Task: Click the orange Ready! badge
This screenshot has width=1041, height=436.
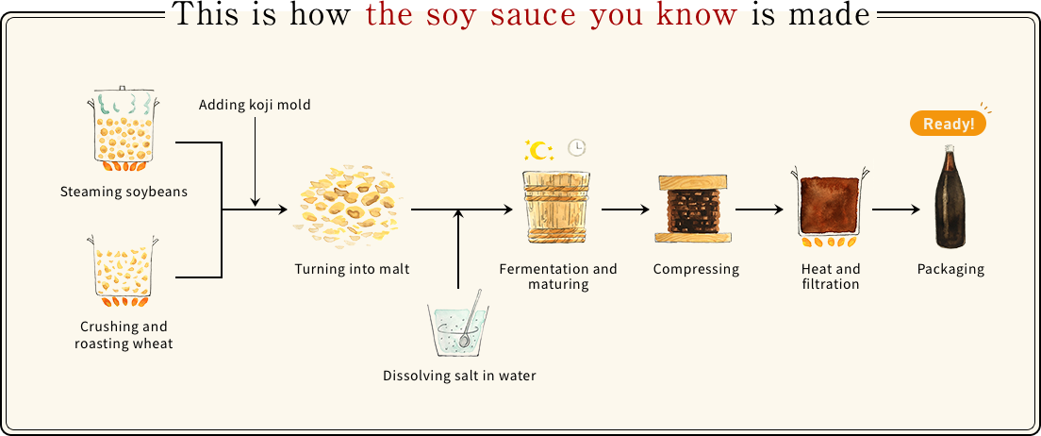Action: pyautogui.click(x=948, y=125)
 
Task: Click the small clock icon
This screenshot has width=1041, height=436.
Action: pyautogui.click(x=577, y=148)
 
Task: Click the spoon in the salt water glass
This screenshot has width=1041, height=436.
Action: pyautogui.click(x=470, y=319)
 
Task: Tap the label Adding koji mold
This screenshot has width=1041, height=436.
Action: pyautogui.click(x=255, y=105)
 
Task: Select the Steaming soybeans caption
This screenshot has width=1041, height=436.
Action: pyautogui.click(x=124, y=193)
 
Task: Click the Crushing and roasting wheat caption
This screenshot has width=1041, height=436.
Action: pyautogui.click(x=124, y=335)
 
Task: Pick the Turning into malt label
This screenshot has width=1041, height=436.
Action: pyautogui.click(x=353, y=269)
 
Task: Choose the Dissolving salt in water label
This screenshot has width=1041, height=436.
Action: pyautogui.click(x=459, y=376)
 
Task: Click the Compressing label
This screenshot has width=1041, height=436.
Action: pyautogui.click(x=696, y=269)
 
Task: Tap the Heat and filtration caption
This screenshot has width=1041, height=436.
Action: pyautogui.click(x=831, y=277)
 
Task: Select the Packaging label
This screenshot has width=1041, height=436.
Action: pyautogui.click(x=950, y=269)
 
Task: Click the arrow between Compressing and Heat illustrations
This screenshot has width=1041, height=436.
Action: pyautogui.click(x=761, y=210)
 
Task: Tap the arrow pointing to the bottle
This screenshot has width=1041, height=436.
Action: pyautogui.click(x=897, y=210)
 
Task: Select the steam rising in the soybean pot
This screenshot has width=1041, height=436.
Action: pyautogui.click(x=124, y=106)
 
